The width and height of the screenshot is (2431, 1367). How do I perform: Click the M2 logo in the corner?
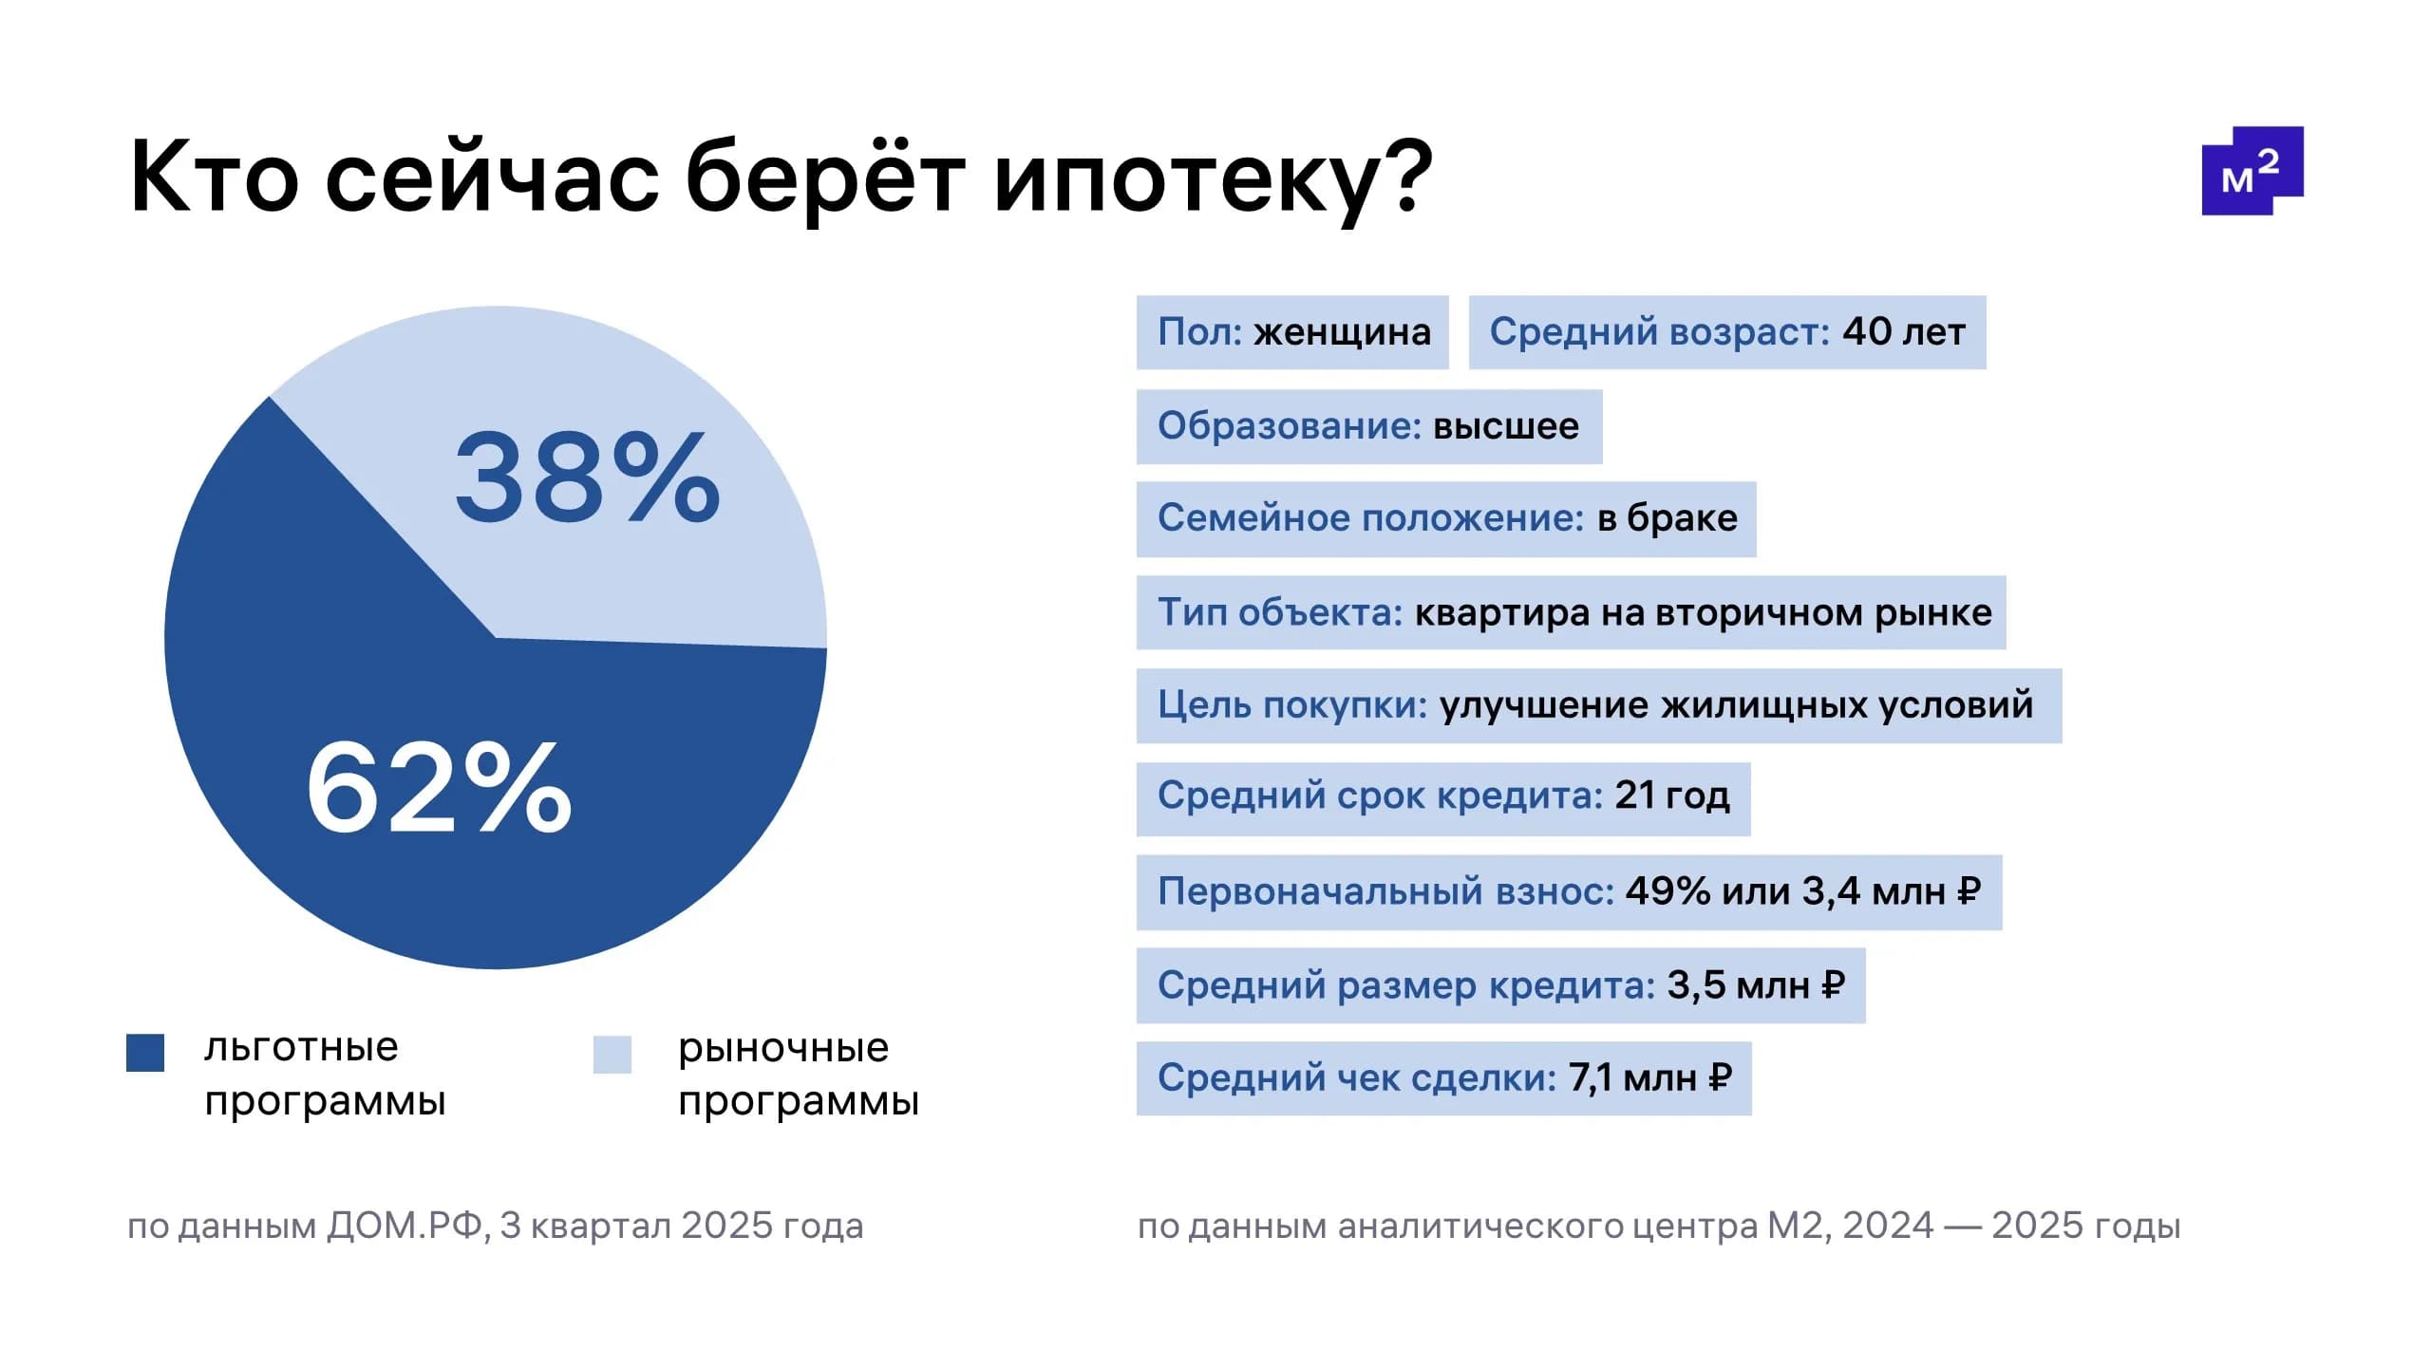pos(2252,172)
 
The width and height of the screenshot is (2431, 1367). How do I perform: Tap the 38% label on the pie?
pos(587,478)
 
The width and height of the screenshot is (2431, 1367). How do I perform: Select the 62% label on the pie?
pos(439,789)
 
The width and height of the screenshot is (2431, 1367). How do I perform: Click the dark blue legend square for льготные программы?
pos(145,1053)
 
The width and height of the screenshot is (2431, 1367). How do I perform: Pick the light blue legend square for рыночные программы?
pos(612,1054)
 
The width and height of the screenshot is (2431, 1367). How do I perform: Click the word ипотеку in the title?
pos(1213,178)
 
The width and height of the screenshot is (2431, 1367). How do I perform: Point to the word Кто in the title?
pos(214,178)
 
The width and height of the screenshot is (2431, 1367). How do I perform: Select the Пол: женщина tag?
pos(1292,332)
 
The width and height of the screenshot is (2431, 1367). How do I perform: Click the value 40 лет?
pos(1903,332)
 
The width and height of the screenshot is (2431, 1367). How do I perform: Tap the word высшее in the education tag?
pos(1505,426)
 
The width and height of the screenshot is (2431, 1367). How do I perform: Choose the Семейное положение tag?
pos(1445,518)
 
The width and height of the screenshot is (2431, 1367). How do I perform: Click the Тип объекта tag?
pos(1571,612)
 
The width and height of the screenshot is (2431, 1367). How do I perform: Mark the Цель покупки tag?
pos(1598,705)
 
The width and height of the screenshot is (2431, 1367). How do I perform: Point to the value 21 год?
pos(1671,796)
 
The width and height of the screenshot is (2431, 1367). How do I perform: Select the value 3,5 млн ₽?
pos(1756,985)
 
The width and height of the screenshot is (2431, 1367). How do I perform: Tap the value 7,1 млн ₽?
pos(1649,1077)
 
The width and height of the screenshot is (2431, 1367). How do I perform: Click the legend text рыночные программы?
pos(798,1075)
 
